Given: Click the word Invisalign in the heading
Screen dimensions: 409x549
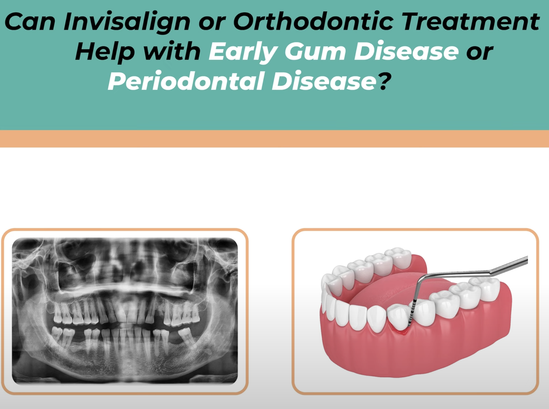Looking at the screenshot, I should pyautogui.click(x=126, y=22).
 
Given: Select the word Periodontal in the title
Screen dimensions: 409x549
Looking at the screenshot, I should pyautogui.click(x=186, y=81).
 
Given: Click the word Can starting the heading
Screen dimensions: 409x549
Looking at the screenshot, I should pyautogui.click(x=29, y=22).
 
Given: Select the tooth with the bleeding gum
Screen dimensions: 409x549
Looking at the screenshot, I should pyautogui.click(x=398, y=318).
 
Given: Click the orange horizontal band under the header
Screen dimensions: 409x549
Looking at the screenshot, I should pyautogui.click(x=274, y=139).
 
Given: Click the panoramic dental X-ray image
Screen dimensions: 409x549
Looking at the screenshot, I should pyautogui.click(x=125, y=311).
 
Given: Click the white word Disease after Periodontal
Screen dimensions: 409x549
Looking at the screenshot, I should pyautogui.click(x=324, y=81).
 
